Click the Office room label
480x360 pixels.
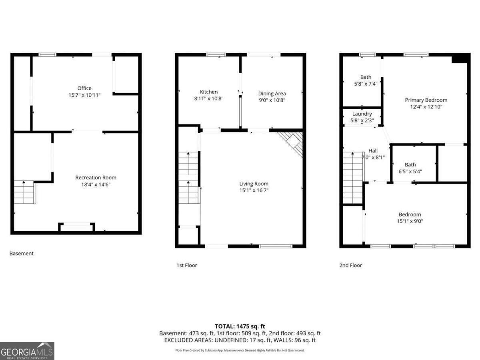84,88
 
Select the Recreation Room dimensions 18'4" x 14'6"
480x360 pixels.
96,185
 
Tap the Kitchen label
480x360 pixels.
209,92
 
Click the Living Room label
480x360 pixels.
254,184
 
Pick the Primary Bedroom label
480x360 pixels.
426,100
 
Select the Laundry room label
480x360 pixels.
362,114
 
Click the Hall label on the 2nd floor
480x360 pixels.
373,150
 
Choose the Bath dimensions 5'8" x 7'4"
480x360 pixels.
366,84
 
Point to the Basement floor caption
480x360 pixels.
22,253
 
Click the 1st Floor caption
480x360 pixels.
187,265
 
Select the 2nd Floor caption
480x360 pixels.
350,265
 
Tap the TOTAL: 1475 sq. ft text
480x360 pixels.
240,326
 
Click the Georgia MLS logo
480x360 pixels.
27,351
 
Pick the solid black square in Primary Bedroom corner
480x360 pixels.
460,59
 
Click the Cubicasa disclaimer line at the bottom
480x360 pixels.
240,350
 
